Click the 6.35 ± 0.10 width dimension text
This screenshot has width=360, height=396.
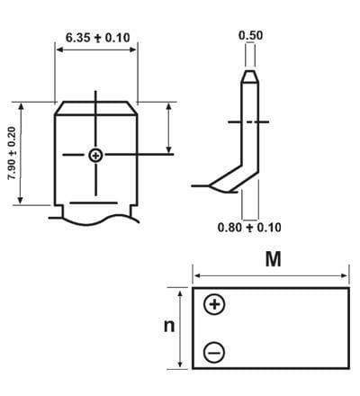click(x=97, y=39)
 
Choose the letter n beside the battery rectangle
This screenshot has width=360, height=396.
click(x=168, y=326)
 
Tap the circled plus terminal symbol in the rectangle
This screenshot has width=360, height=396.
click(x=214, y=305)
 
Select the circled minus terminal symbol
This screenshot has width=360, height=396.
click(x=214, y=352)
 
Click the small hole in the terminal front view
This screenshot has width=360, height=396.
click(x=95, y=156)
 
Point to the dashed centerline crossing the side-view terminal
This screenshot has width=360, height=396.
click(x=249, y=120)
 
